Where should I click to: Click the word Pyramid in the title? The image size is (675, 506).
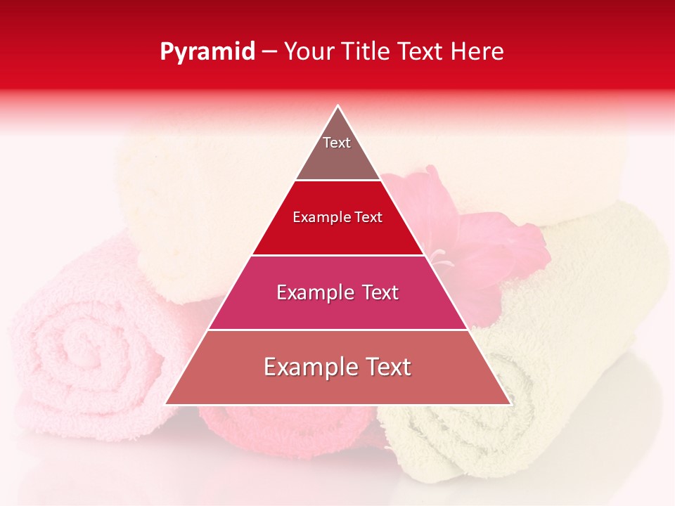coord(207,52)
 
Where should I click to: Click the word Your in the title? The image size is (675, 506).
coord(308,52)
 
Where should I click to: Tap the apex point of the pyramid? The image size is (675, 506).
coord(338,107)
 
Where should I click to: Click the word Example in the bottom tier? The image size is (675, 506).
coord(307,367)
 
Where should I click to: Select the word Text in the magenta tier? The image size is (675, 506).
coord(378,292)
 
